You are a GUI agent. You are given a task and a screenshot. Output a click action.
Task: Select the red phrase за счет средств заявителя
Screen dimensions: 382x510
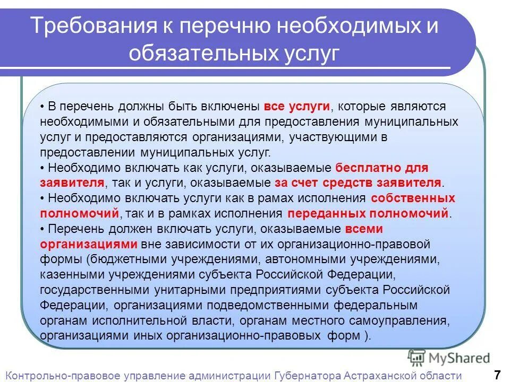pos(358,183)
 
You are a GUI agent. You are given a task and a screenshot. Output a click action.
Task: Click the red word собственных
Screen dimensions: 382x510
pos(413,198)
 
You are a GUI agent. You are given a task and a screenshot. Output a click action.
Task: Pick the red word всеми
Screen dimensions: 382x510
pos(364,229)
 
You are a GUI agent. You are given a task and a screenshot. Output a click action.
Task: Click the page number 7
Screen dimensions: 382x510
pos(497,375)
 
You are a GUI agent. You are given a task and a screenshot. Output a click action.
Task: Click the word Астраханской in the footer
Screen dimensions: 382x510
pos(381,375)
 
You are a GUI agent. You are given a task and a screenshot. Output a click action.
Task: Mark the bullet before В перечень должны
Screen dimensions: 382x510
pos(41,107)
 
